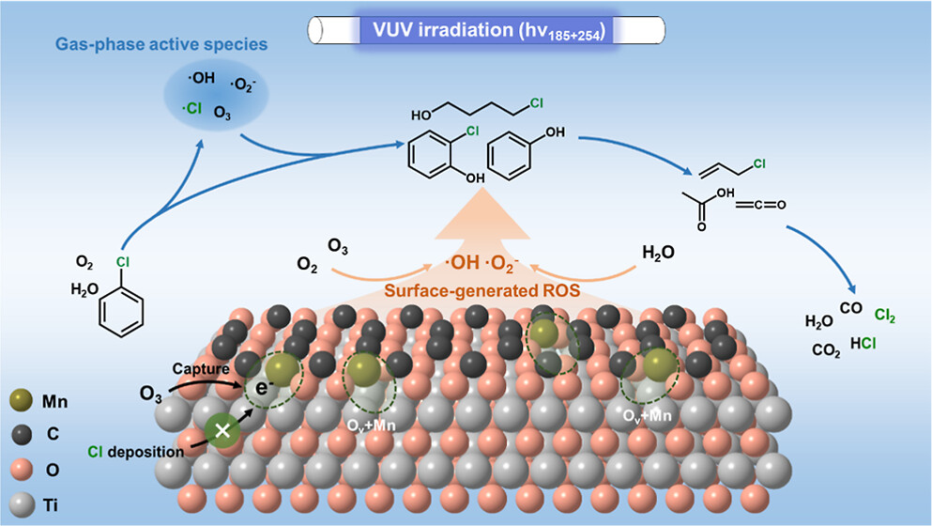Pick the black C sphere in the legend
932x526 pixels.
(x=22, y=433)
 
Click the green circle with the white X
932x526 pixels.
(x=223, y=432)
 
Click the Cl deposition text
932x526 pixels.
(x=139, y=452)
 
